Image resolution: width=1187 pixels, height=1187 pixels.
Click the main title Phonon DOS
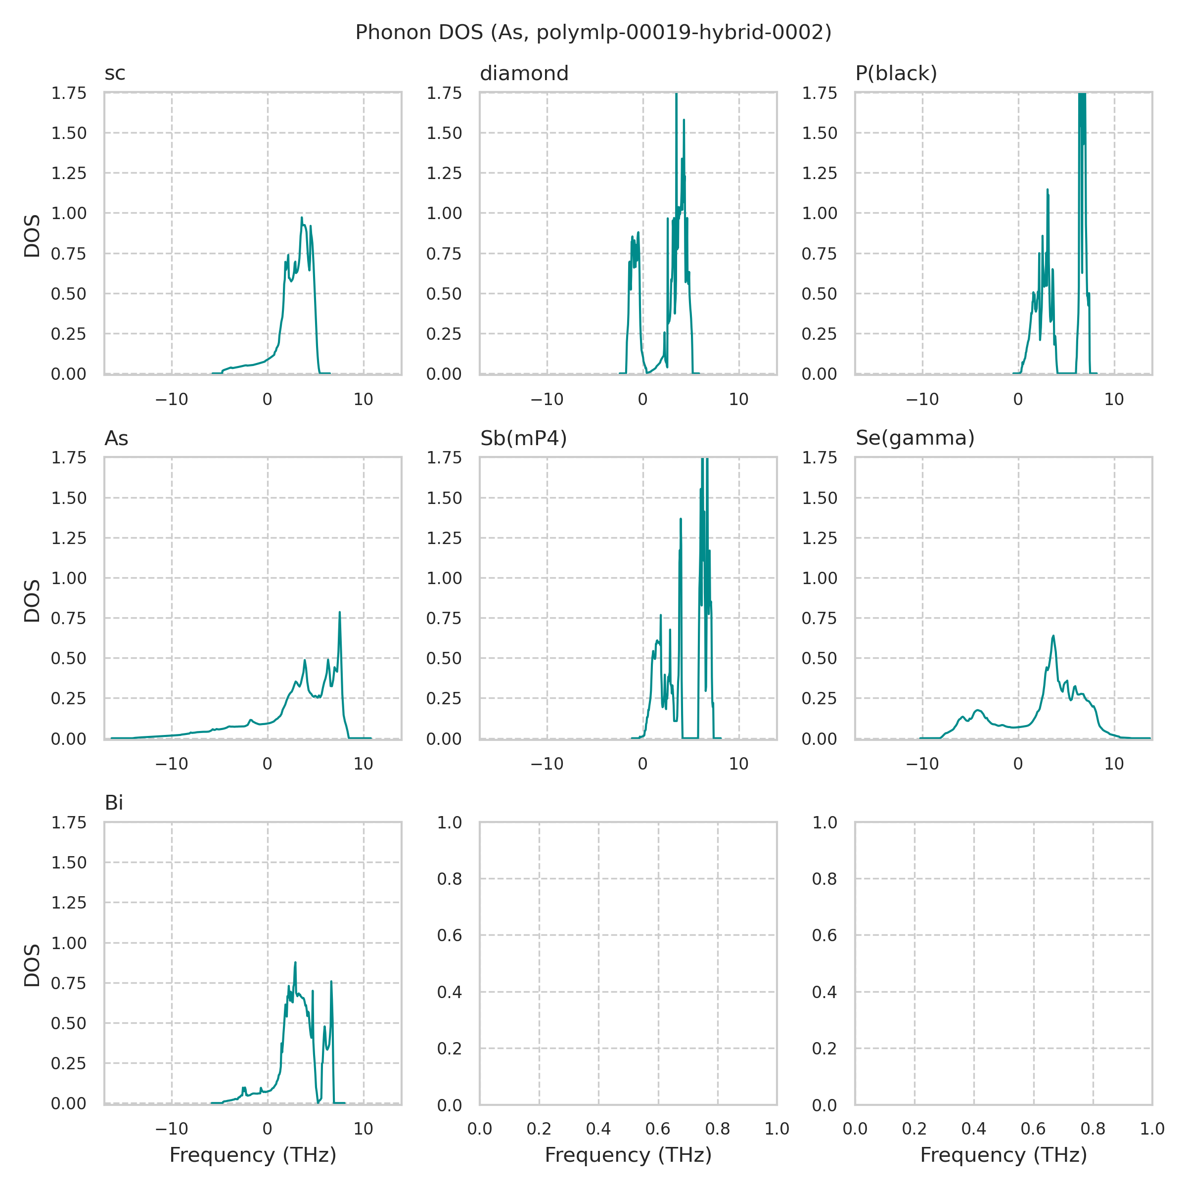pyautogui.click(x=593, y=33)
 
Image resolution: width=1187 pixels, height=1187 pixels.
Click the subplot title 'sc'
pyautogui.click(x=115, y=74)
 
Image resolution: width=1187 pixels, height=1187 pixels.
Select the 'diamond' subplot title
pyautogui.click(x=524, y=74)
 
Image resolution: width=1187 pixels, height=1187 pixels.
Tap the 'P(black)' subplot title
pyautogui.click(x=896, y=74)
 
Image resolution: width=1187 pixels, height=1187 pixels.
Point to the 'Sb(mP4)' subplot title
pyautogui.click(x=523, y=438)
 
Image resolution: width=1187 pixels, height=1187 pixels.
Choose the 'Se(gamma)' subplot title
pyautogui.click(x=915, y=438)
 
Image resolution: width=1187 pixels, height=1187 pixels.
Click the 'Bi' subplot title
pyautogui.click(x=114, y=803)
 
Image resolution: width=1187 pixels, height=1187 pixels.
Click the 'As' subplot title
pyautogui.click(x=116, y=438)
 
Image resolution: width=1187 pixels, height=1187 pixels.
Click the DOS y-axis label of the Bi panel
pyautogui.click(x=32, y=965)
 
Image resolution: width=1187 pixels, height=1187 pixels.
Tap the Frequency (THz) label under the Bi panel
pyautogui.click(x=253, y=1155)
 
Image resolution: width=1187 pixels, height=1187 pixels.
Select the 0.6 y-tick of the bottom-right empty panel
pyautogui.click(x=824, y=936)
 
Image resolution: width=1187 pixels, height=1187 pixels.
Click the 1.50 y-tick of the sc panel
pyautogui.click(x=69, y=134)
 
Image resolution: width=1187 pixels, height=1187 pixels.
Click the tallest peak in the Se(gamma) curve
pyautogui.click(x=1053, y=636)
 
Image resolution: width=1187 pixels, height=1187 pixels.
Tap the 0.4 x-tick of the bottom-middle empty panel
pyautogui.click(x=598, y=1129)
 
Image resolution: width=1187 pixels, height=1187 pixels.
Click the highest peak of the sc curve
pyautogui.click(x=302, y=218)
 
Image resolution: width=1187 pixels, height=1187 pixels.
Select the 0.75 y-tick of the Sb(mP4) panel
pyautogui.click(x=444, y=619)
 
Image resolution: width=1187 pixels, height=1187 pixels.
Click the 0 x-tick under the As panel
pyautogui.click(x=267, y=764)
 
